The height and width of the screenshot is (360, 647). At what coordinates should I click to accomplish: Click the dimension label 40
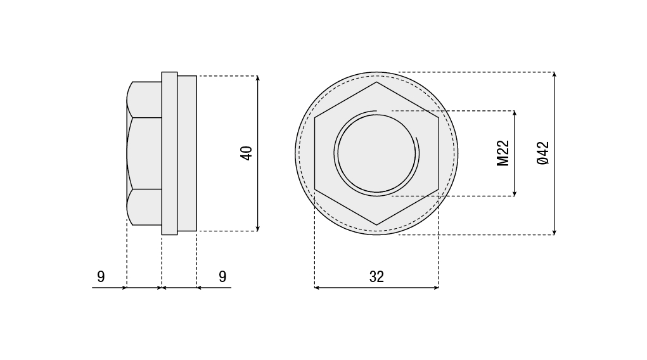tap(247, 153)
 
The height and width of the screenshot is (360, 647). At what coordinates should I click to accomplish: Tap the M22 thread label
tap(503, 153)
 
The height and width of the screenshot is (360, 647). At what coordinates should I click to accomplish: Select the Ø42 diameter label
tap(544, 153)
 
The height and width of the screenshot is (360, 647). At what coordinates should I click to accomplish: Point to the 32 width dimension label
tap(376, 277)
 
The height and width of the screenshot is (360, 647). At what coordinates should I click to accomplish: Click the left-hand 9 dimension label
tap(101, 276)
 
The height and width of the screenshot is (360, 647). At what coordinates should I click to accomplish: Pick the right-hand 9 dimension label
tap(222, 276)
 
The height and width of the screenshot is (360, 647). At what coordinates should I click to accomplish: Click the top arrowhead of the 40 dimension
tap(257, 78)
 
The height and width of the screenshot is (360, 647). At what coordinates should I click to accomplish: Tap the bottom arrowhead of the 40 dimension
tap(257, 228)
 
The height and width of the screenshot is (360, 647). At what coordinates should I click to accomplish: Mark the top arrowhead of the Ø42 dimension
tap(554, 75)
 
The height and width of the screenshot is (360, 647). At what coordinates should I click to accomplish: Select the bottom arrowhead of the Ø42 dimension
tap(554, 232)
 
